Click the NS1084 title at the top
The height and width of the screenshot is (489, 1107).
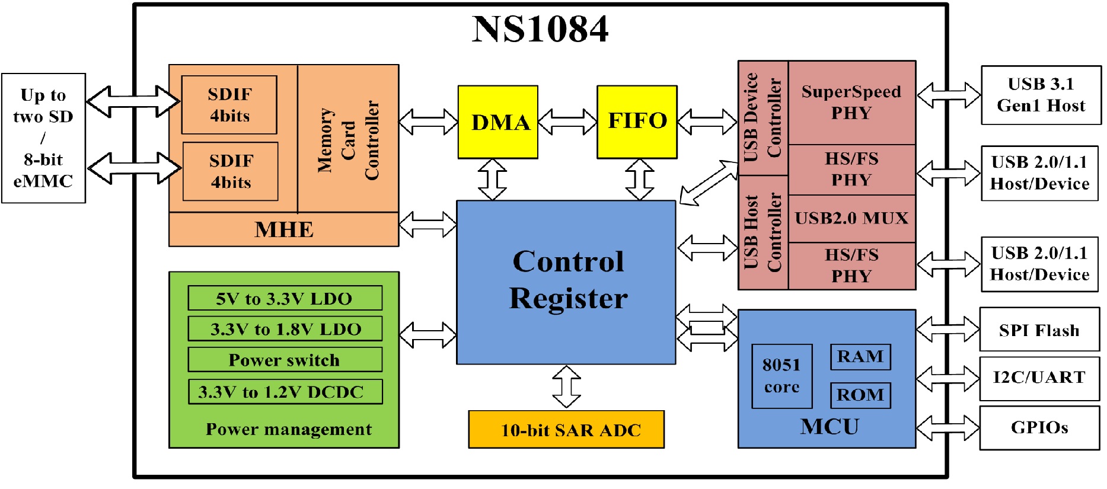(540, 29)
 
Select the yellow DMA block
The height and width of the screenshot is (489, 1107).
(498, 122)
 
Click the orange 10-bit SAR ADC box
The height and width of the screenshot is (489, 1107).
(566, 430)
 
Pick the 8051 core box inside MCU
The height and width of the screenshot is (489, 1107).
(781, 376)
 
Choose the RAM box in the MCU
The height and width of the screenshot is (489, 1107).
(860, 357)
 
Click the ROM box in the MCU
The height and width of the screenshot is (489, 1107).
(860, 395)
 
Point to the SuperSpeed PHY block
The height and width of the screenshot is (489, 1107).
(851, 103)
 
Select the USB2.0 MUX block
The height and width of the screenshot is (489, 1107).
(851, 218)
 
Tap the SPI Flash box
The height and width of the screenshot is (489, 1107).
(1039, 330)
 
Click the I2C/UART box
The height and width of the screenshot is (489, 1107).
(1039, 378)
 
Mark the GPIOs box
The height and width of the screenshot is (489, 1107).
(1039, 427)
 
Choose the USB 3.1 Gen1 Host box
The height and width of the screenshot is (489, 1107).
(1041, 95)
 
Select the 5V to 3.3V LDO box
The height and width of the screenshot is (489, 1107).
(285, 298)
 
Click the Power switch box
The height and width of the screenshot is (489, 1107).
(285, 360)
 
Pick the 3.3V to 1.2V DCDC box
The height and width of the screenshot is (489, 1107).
(285, 392)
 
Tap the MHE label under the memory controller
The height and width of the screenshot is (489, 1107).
(283, 229)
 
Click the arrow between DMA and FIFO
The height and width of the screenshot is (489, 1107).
(567, 122)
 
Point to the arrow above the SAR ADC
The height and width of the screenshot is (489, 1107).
(566, 386)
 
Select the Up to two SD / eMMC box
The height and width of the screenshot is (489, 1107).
(43, 138)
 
